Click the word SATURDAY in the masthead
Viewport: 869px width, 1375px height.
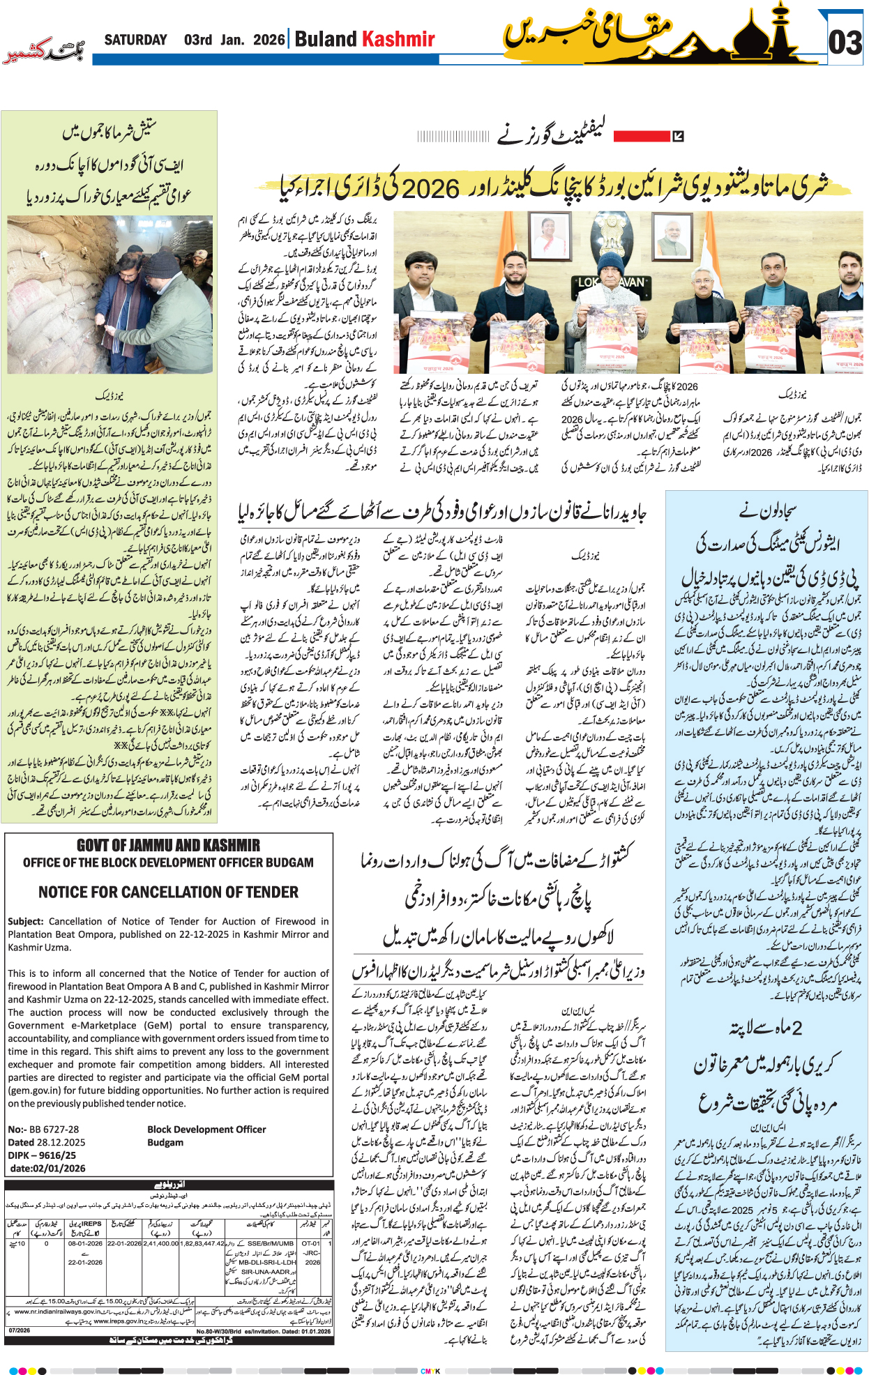(x=135, y=40)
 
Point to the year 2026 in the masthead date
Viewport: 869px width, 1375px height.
(x=269, y=40)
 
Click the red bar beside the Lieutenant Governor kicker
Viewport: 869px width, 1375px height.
(x=641, y=136)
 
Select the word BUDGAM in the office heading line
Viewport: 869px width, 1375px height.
(x=289, y=863)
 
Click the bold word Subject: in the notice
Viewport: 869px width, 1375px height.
(x=26, y=921)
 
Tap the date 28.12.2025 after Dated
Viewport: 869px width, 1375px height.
(x=61, y=1142)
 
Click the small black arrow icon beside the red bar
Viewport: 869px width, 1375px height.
(x=678, y=136)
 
